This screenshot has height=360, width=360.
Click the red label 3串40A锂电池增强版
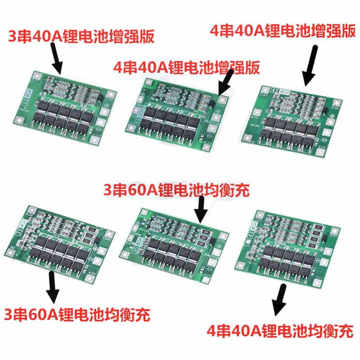[81, 36]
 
